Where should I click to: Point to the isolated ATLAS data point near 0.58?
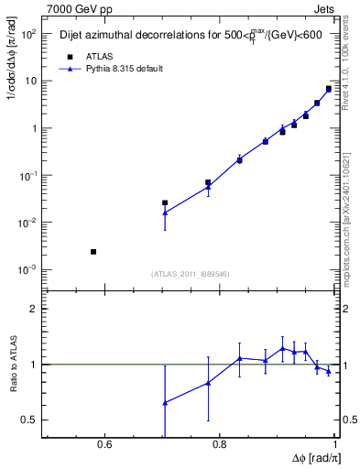[93, 251]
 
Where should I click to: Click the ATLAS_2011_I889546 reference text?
[191, 274]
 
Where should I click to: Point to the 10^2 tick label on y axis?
[28, 34]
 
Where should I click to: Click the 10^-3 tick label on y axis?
[28, 270]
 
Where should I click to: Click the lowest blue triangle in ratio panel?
[165, 402]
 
